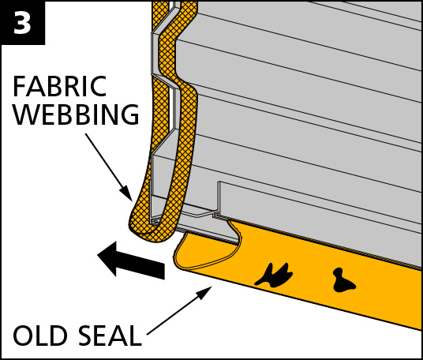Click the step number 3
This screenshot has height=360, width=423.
coord(22,23)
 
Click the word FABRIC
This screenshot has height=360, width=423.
coord(60,86)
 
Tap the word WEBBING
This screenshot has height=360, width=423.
coord(76,114)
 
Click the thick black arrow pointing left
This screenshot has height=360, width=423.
coord(131,260)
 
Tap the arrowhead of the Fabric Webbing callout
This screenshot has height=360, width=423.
coord(127,193)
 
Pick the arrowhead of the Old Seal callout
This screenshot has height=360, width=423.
coord(204,292)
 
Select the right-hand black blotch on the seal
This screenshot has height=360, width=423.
coord(343,281)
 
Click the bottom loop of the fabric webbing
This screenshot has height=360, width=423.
coord(151,231)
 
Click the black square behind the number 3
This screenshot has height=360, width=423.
coord(22,23)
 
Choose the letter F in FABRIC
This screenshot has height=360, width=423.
coord(19,86)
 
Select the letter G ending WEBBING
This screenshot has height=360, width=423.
coord(130,114)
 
